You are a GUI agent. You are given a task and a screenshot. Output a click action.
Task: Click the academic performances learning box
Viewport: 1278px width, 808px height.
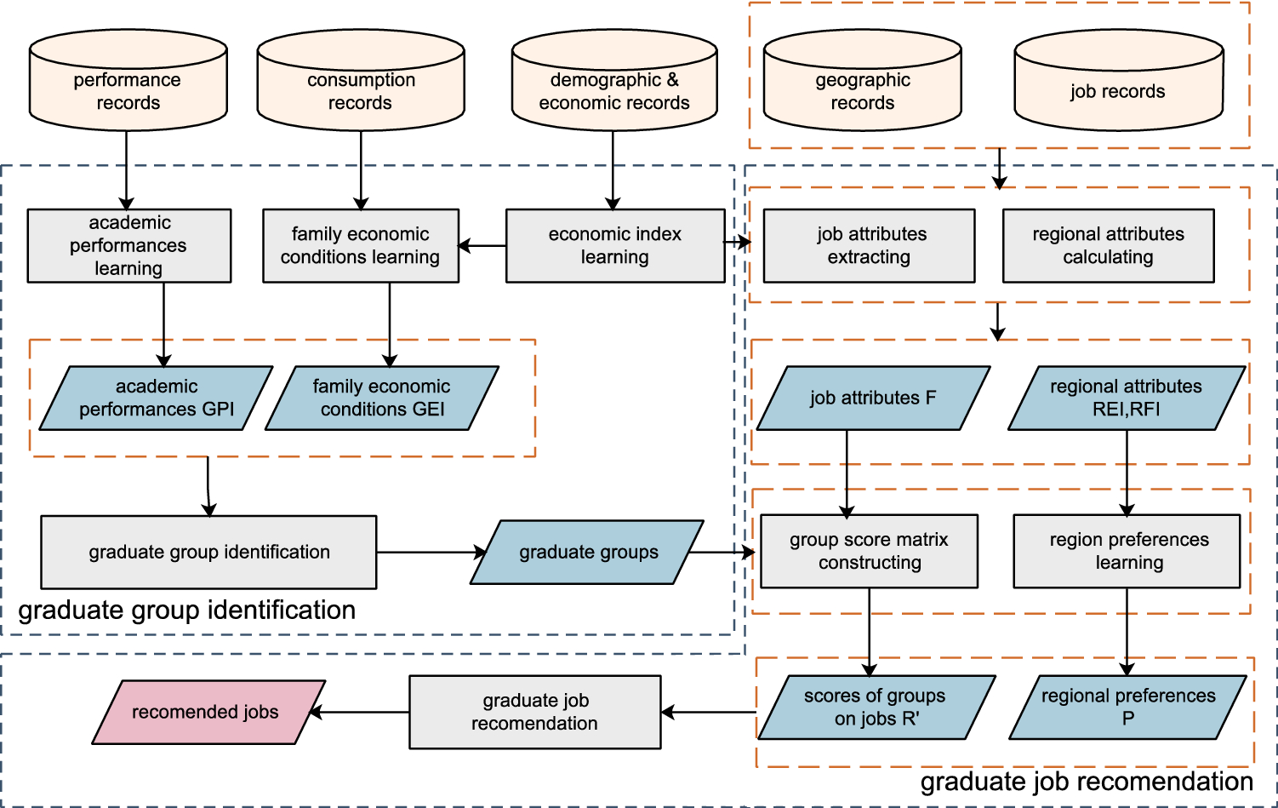(x=128, y=246)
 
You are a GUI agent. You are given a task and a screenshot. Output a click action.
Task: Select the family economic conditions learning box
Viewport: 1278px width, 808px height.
(x=361, y=246)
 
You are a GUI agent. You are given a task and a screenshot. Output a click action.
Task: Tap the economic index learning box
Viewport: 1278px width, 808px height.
(x=615, y=246)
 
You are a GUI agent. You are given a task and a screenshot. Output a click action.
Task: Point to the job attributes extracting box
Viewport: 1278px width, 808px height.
(x=869, y=246)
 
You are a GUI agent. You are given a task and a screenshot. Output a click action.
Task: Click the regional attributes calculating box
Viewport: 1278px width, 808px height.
(x=1108, y=246)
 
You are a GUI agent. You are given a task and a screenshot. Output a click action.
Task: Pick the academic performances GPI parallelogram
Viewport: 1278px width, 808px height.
(x=157, y=398)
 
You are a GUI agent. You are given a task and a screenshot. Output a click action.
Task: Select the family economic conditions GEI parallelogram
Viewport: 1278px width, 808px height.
(x=382, y=398)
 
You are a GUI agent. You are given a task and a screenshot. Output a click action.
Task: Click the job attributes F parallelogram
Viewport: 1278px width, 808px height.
(x=873, y=398)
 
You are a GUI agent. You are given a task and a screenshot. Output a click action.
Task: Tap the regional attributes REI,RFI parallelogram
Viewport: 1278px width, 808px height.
(x=1127, y=398)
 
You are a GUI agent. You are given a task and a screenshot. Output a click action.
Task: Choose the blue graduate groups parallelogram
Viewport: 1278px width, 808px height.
(x=588, y=553)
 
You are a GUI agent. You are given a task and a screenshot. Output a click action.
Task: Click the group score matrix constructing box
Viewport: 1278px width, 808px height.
(x=869, y=552)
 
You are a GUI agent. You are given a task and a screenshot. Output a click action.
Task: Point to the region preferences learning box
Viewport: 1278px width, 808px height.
(x=1127, y=552)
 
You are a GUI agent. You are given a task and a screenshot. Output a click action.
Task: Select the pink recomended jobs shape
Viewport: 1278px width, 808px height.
(x=208, y=712)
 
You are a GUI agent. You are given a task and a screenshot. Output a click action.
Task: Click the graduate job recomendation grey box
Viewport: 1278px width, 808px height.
(x=535, y=712)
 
